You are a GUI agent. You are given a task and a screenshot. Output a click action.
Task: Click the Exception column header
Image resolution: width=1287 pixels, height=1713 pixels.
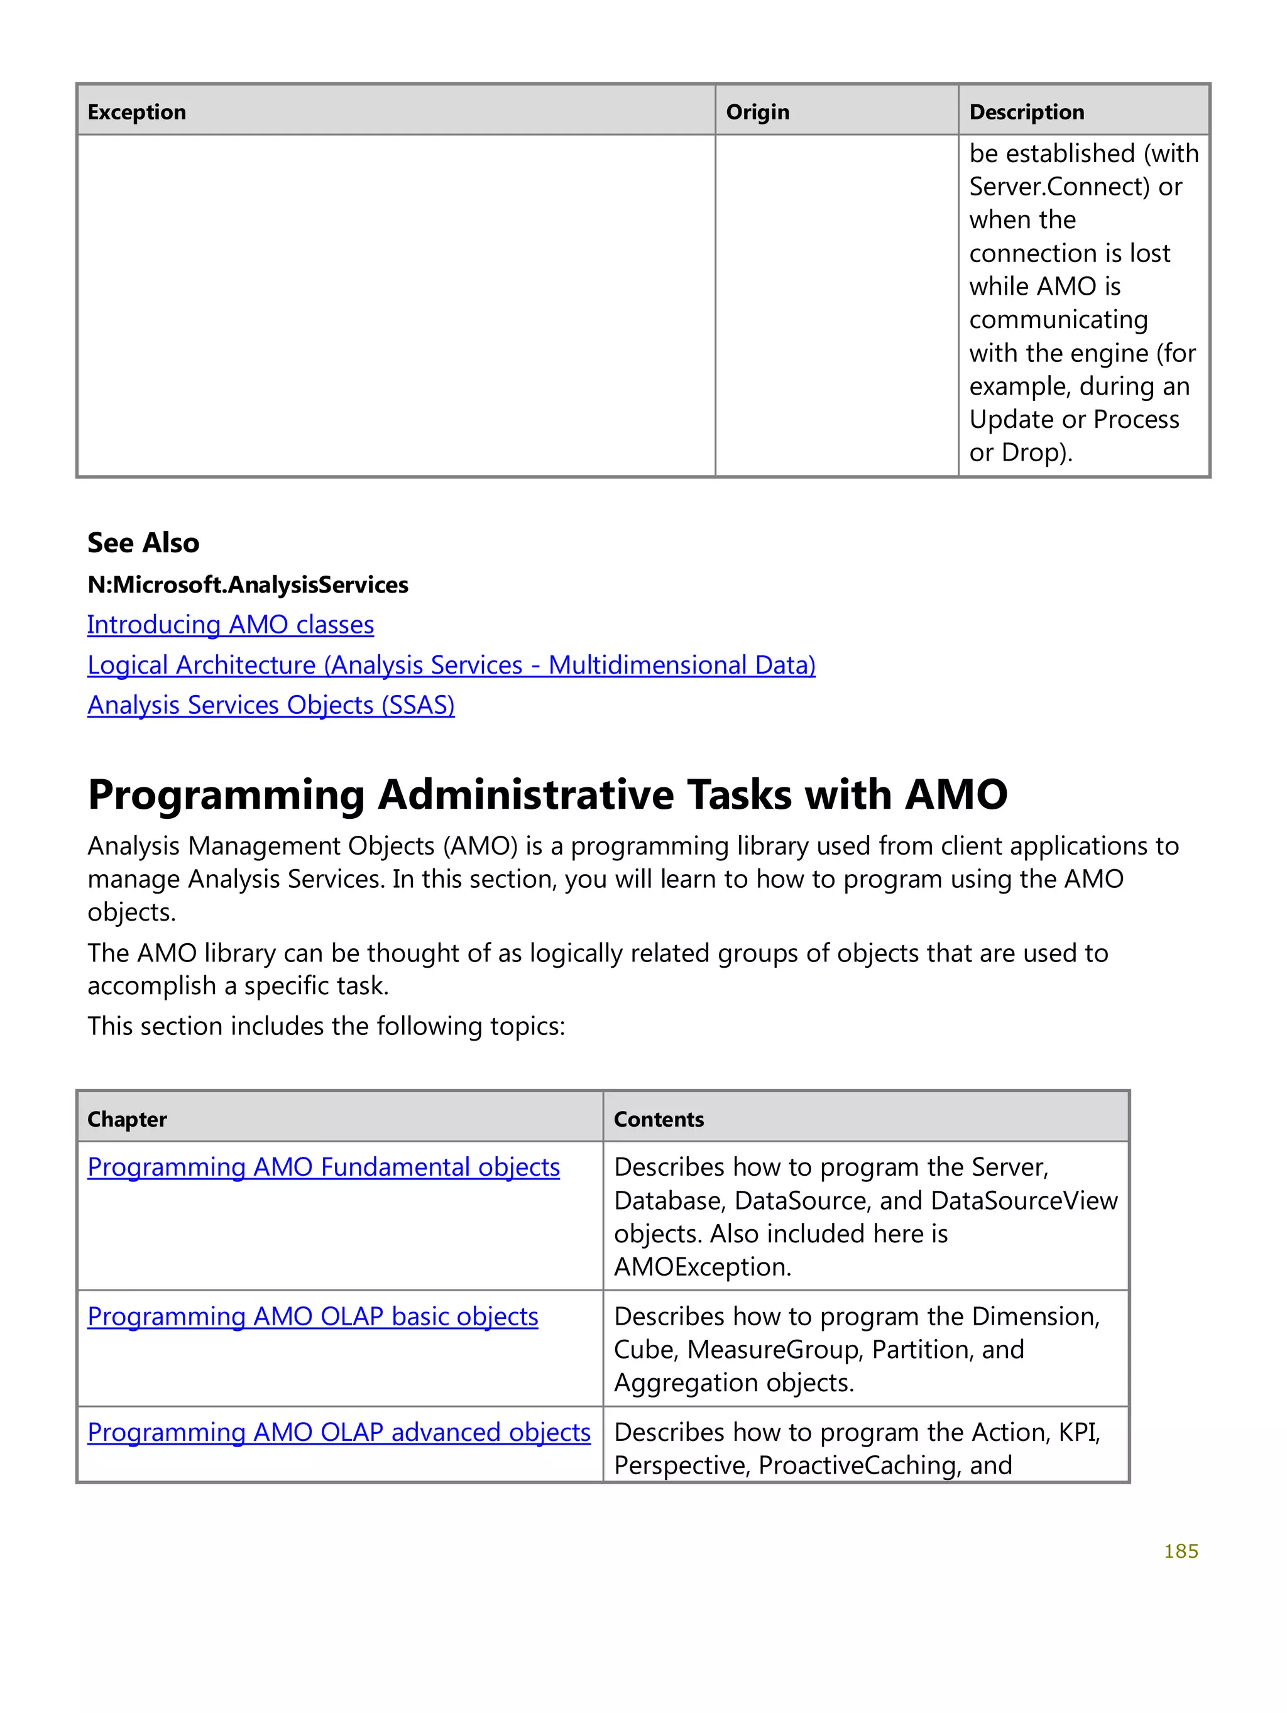pyautogui.click(x=136, y=112)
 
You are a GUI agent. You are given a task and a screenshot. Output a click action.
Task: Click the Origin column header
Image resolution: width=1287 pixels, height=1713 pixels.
pyautogui.click(x=757, y=112)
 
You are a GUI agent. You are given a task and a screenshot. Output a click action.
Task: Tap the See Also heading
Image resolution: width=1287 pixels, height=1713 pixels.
pyautogui.click(x=143, y=543)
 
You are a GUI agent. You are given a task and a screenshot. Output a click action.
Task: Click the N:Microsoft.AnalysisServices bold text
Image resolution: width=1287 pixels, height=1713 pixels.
pyautogui.click(x=247, y=584)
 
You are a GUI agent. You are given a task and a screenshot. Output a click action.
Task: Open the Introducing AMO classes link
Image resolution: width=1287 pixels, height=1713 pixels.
pyautogui.click(x=230, y=625)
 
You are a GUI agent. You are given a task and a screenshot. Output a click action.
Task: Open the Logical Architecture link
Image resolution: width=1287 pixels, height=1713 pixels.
pyautogui.click(x=451, y=665)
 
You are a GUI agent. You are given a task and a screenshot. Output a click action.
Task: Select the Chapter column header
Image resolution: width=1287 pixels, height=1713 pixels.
pyautogui.click(x=127, y=1120)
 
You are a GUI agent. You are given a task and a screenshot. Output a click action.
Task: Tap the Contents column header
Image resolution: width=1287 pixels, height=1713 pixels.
pyautogui.click(x=658, y=1120)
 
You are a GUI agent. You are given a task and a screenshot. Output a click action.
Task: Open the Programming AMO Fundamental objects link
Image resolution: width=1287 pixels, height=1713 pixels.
pyautogui.click(x=323, y=1168)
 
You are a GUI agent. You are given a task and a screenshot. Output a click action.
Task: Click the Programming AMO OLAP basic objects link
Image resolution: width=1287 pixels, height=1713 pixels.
pyautogui.click(x=312, y=1317)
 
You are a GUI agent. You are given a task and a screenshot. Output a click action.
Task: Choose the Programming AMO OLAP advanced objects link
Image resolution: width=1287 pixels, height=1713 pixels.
pyautogui.click(x=338, y=1433)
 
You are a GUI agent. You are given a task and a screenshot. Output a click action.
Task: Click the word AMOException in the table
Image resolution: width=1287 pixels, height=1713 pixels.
pyautogui.click(x=701, y=1267)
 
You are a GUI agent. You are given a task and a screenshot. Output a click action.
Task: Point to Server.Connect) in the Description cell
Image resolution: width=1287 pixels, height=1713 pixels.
pyautogui.click(x=1058, y=187)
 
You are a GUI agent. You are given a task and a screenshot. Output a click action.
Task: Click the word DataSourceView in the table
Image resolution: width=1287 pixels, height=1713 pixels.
pyautogui.click(x=1024, y=1201)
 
